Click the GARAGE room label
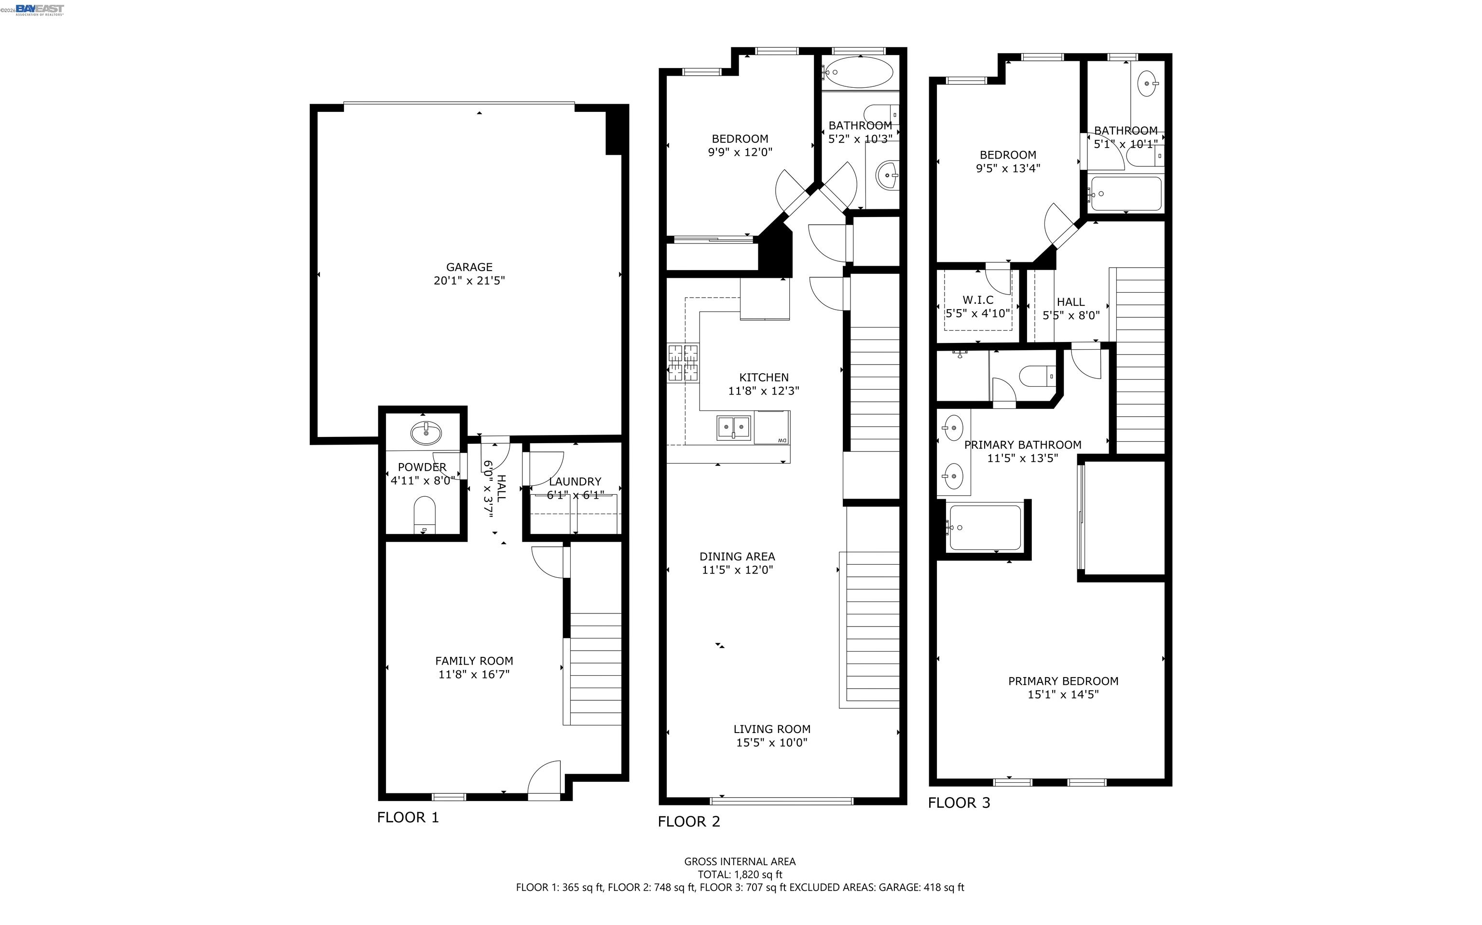pos(469,267)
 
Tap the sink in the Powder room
pos(426,433)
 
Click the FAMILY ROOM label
pos(474,661)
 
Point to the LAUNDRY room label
pos(575,481)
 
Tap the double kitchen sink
pos(734,427)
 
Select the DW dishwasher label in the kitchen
pos(782,440)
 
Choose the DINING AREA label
pos(737,557)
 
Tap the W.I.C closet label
pos(978,300)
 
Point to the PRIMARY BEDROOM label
pos(1063,681)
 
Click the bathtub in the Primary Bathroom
pos(985,527)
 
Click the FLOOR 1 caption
pos(408,817)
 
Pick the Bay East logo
pos(39,9)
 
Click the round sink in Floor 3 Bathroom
pos(1147,83)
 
